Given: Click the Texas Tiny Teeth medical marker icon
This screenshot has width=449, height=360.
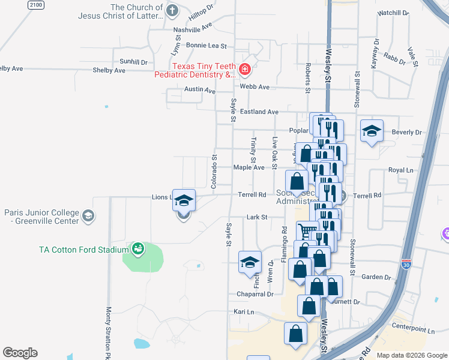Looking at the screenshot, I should click(244, 70).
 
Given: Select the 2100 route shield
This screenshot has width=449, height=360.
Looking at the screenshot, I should click(36, 5).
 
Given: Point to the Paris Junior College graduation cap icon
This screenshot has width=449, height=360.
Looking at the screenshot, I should click(88, 216).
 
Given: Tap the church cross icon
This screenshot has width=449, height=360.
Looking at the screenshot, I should click(172, 10).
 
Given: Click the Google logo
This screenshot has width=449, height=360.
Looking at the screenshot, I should click(20, 353).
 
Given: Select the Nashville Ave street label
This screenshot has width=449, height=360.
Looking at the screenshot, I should click(193, 28).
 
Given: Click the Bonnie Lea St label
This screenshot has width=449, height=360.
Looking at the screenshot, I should click(206, 46).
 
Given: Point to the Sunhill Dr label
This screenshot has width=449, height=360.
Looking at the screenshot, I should click(133, 62).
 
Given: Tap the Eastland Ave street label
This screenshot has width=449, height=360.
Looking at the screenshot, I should click(259, 112).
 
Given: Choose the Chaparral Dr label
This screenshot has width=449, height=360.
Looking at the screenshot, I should click(255, 294).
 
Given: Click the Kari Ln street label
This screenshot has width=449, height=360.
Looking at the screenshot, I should click(244, 312).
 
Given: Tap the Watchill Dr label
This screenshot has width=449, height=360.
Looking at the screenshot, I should click(393, 13).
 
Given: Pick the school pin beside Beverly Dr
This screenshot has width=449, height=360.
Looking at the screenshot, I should click(372, 131).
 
